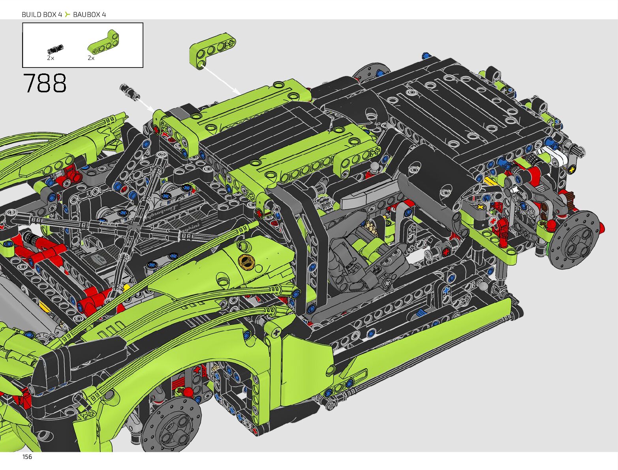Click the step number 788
point(45,83)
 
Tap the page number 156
point(27,457)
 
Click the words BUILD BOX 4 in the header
point(42,15)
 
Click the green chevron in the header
point(67,15)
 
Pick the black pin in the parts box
point(55,49)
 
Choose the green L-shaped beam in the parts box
point(103,41)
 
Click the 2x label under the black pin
point(51,58)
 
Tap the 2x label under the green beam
point(91,58)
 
